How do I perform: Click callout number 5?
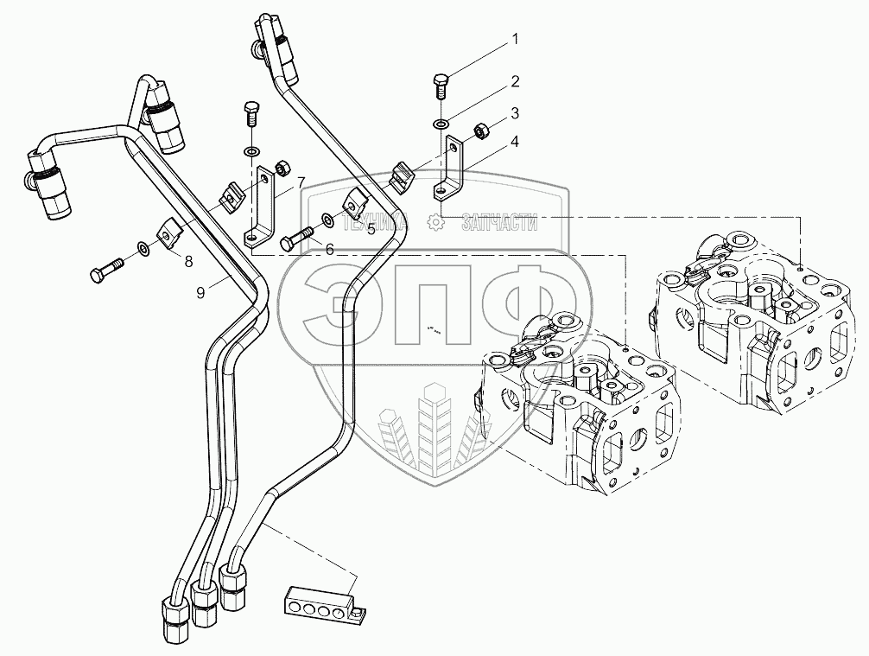point(346,229)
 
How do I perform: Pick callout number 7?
point(301,182)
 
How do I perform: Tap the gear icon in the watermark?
point(436,224)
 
